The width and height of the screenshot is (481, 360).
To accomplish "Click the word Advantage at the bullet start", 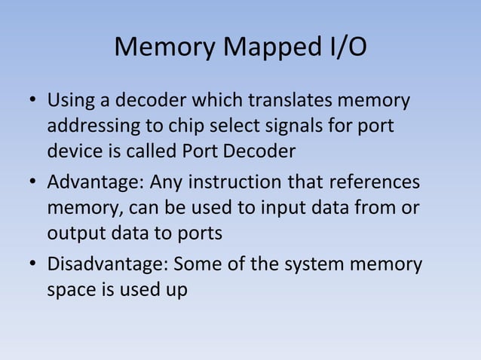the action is click(x=94, y=183).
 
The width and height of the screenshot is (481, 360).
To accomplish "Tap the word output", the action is click(x=72, y=233).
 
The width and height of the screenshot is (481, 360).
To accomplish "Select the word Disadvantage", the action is click(x=108, y=266).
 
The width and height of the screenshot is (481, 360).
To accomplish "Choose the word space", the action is click(x=70, y=291).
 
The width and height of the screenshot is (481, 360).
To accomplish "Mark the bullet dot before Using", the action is click(x=33, y=101).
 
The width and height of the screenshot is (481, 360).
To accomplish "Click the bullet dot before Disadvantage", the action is click(x=33, y=267).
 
